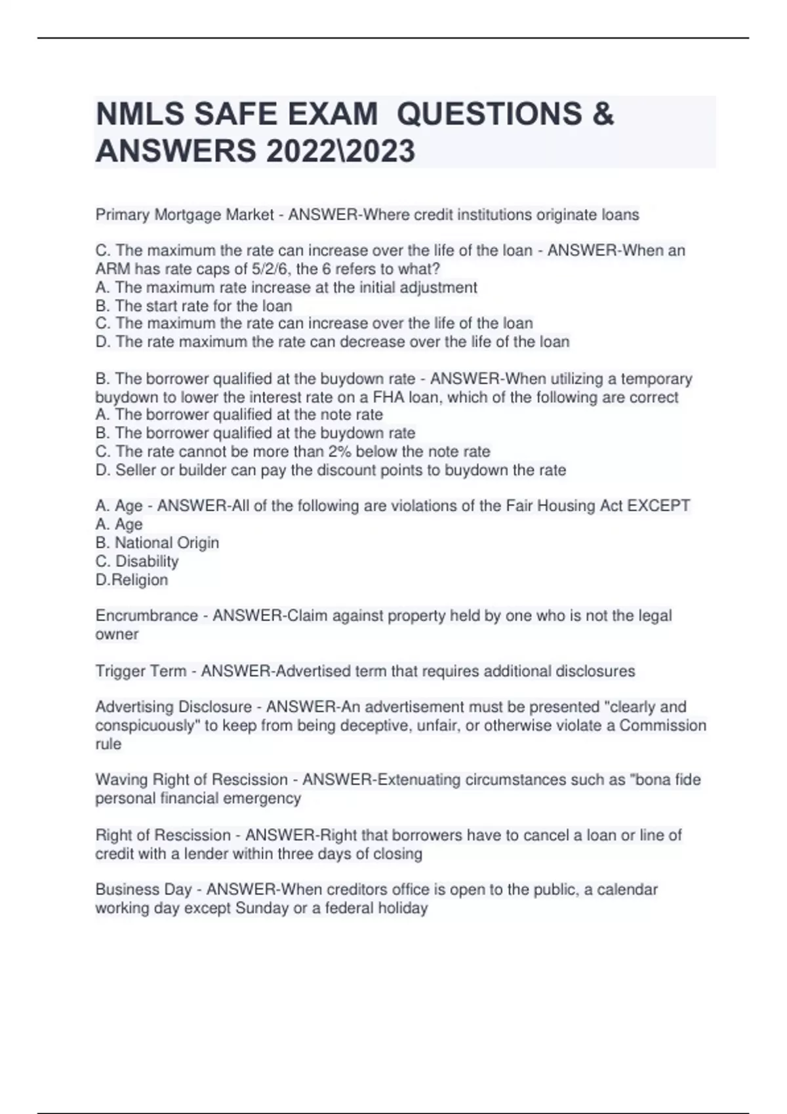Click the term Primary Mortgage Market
pos(184,215)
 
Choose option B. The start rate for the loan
pos(193,306)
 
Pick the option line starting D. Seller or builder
pos(331,470)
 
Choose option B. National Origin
pos(157,543)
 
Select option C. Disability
pos(137,561)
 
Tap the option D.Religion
pos(132,580)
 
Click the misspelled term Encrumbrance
pos(146,616)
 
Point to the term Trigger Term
pos(140,671)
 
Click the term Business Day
pos(144,890)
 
